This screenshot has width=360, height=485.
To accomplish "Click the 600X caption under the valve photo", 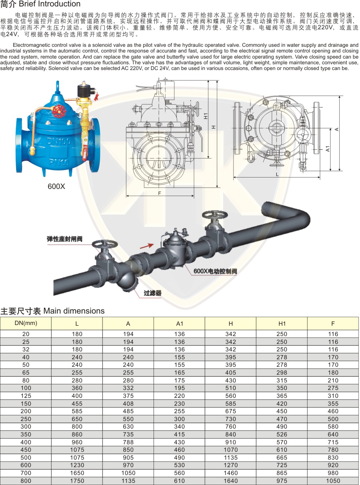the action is (56, 186).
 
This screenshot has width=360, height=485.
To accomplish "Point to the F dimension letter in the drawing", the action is (159, 193).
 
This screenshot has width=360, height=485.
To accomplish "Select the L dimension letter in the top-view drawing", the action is (277, 174).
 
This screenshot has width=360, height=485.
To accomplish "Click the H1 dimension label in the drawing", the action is (206, 116).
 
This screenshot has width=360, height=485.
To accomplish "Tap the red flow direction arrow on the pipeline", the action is (146, 246).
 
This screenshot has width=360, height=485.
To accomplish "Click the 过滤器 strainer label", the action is (152, 293).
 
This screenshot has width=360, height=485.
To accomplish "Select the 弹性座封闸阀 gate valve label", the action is (65, 239).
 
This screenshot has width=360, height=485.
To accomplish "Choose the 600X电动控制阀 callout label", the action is (215, 271).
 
